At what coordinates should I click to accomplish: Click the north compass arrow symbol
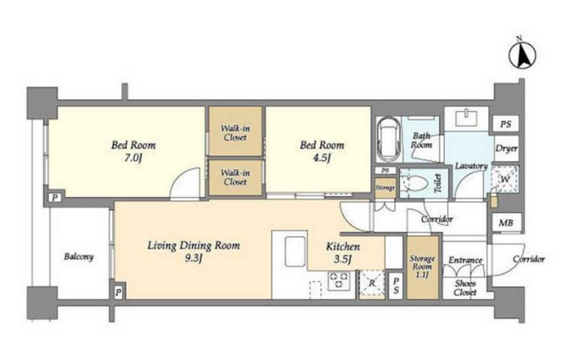(x=521, y=54)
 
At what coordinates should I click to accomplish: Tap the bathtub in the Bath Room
(x=389, y=139)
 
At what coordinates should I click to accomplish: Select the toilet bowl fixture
(x=417, y=183)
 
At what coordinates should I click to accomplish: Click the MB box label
(x=505, y=222)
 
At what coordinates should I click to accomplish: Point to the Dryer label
(x=506, y=149)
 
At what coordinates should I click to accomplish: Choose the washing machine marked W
(x=505, y=179)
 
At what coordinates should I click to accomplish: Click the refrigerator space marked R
(x=372, y=284)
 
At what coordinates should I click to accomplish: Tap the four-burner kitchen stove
(x=339, y=280)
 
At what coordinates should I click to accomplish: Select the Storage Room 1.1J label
(x=422, y=267)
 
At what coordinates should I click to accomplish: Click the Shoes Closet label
(x=465, y=288)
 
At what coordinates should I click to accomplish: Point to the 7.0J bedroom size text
(x=133, y=159)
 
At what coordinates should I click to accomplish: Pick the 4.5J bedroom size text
(x=322, y=159)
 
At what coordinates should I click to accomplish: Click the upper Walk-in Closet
(x=235, y=131)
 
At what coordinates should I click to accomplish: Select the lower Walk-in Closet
(x=235, y=177)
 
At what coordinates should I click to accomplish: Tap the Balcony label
(x=78, y=256)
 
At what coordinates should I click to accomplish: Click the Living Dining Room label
(x=194, y=245)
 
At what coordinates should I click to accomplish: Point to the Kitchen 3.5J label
(x=343, y=252)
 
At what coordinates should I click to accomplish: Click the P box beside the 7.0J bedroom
(x=55, y=198)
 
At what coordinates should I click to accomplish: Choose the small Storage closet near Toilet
(x=385, y=188)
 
